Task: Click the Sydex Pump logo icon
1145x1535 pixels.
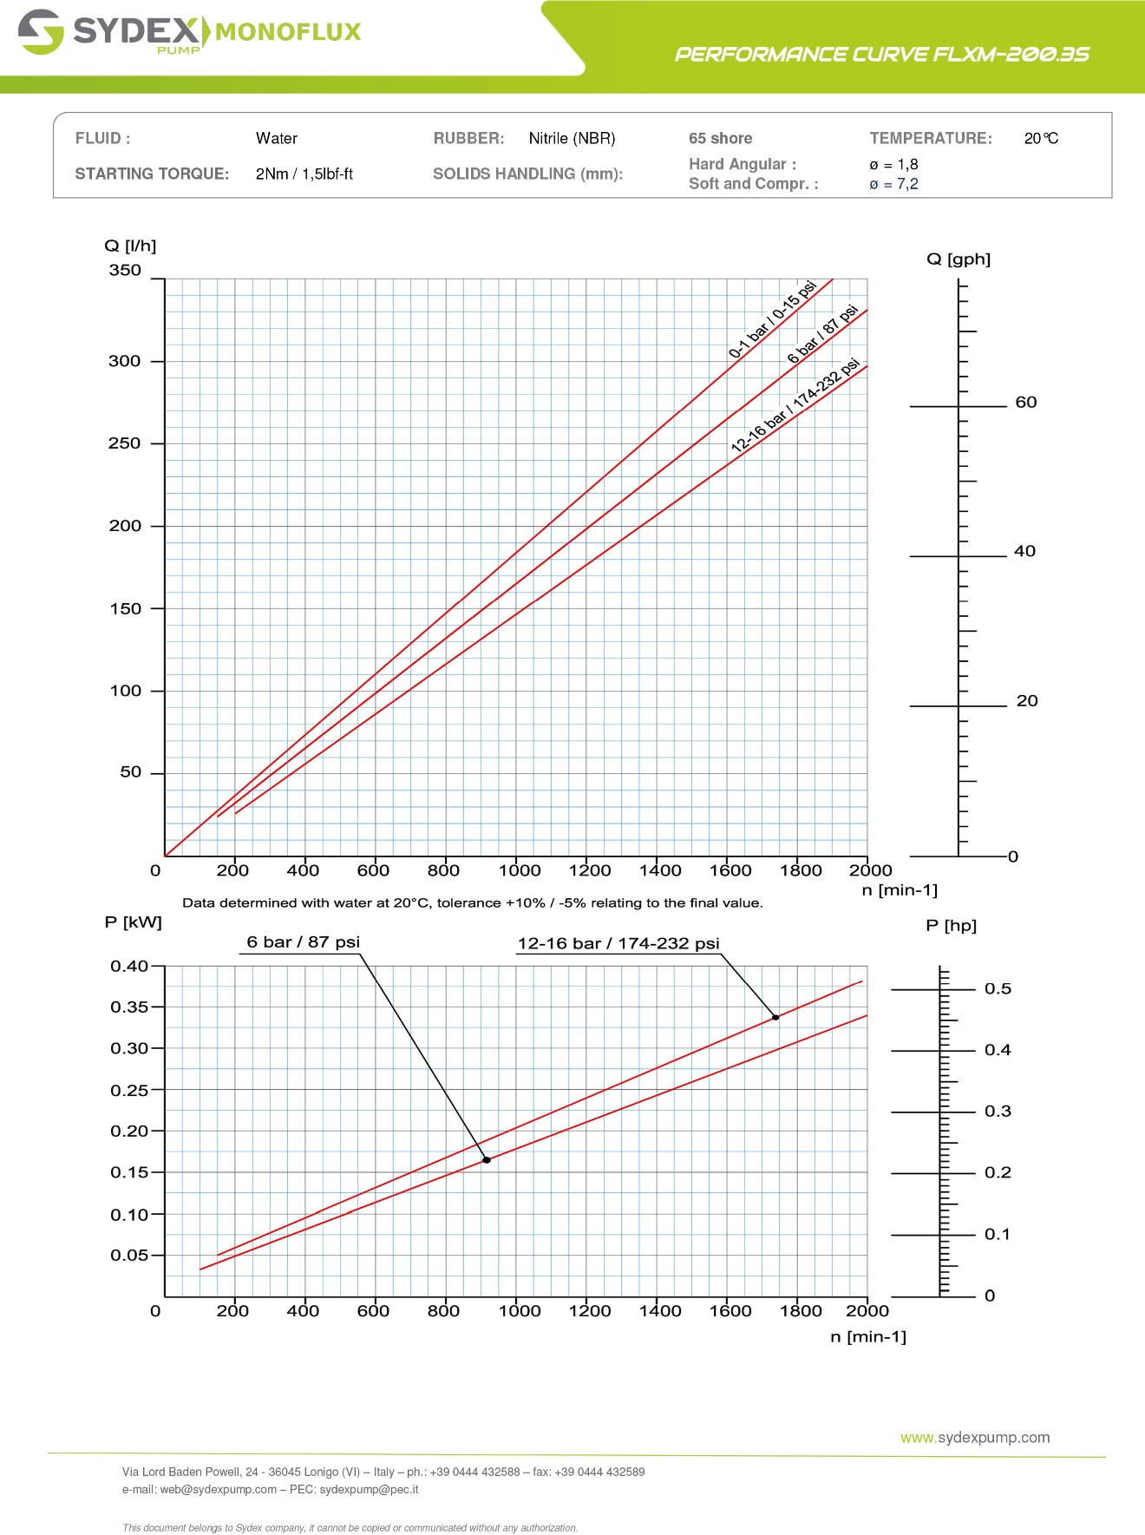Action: coord(41,32)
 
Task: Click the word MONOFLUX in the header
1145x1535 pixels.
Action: coord(287,32)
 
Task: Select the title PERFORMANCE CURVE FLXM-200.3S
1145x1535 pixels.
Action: coord(881,55)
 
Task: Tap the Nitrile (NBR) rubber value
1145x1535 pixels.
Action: coord(572,139)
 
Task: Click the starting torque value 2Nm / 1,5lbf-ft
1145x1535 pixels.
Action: coord(304,174)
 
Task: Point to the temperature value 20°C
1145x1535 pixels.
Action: coord(1040,139)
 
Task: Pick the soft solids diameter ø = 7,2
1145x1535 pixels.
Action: coord(893,184)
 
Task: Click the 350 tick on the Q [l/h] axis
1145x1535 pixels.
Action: coord(125,271)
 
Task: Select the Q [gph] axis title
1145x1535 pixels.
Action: coord(958,259)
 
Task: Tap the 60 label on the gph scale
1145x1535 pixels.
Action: coord(1025,403)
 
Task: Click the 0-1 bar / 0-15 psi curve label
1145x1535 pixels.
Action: coord(772,319)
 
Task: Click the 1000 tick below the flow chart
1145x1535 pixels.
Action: coord(519,870)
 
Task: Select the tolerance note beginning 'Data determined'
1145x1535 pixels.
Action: coord(473,903)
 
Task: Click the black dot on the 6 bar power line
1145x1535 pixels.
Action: coord(487,1160)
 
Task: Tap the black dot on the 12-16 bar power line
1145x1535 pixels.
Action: coord(775,1018)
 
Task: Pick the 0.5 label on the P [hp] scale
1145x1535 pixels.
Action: coord(998,989)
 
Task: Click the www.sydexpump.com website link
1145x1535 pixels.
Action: coord(975,1438)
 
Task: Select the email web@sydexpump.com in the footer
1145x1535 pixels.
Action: coord(218,1490)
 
